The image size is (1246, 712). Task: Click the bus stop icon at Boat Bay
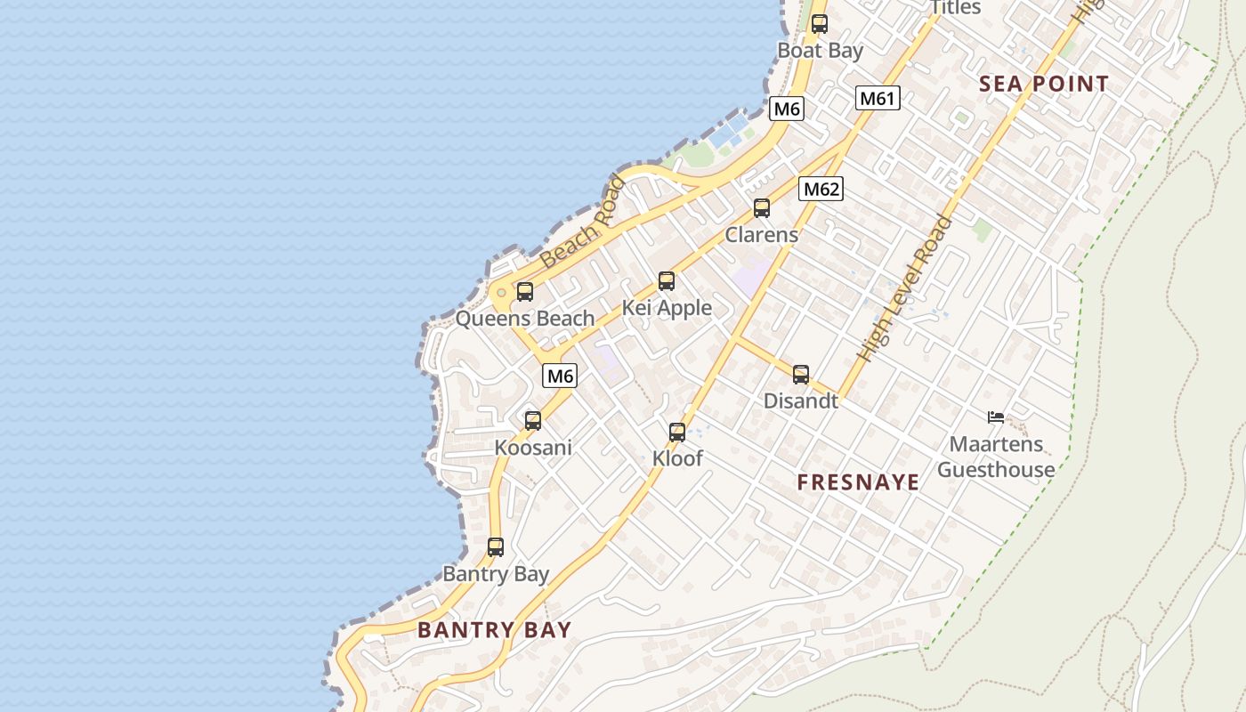820,24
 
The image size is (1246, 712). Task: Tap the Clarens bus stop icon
762,208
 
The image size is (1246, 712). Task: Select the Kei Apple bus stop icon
667,281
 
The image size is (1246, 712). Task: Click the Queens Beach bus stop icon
525,291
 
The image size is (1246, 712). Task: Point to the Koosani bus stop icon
533,421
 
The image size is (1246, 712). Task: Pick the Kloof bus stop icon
677,433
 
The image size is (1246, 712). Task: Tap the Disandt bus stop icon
801,375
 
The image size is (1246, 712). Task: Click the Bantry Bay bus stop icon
496,547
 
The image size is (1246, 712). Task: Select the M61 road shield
878,98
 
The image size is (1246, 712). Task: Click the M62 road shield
821,189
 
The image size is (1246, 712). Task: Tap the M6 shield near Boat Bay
787,109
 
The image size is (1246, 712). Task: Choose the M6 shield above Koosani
560,376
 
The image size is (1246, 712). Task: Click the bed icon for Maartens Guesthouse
996,417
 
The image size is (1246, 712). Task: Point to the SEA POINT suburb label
1044,85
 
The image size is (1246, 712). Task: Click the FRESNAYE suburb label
858,482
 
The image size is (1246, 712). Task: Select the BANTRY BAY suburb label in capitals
494,630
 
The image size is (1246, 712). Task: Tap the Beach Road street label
583,222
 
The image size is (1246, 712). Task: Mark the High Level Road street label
905,289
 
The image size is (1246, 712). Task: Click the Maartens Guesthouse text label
996,457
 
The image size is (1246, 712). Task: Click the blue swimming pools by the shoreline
729,132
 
